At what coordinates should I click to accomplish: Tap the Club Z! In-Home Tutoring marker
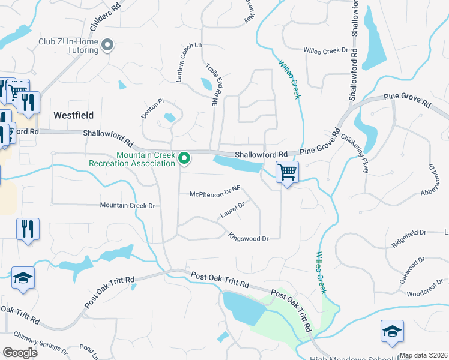[x=108, y=45]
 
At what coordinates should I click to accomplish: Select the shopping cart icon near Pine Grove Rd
[x=288, y=173]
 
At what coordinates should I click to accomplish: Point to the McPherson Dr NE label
[x=215, y=193]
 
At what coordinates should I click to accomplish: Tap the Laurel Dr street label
[x=232, y=209]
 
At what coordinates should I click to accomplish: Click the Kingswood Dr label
[x=248, y=238]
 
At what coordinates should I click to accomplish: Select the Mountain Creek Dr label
[x=127, y=205]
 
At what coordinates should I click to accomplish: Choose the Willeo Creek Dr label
[x=327, y=50]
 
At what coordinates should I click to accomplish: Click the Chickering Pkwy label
[x=357, y=153]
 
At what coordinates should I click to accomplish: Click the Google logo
[x=20, y=353]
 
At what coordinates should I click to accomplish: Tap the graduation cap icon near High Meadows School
[x=392, y=331]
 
